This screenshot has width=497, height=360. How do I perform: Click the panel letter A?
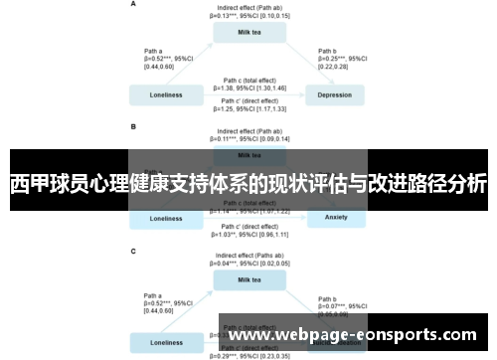133,4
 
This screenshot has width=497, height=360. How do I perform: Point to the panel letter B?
133,127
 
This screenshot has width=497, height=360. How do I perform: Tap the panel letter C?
133,252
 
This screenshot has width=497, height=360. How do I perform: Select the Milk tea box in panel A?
249,32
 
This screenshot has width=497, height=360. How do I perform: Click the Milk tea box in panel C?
249,281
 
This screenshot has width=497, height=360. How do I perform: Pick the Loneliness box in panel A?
166,95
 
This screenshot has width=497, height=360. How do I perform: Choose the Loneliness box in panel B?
166,218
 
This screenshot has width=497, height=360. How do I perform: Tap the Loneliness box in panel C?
166,342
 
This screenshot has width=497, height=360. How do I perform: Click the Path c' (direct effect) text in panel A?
249,103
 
